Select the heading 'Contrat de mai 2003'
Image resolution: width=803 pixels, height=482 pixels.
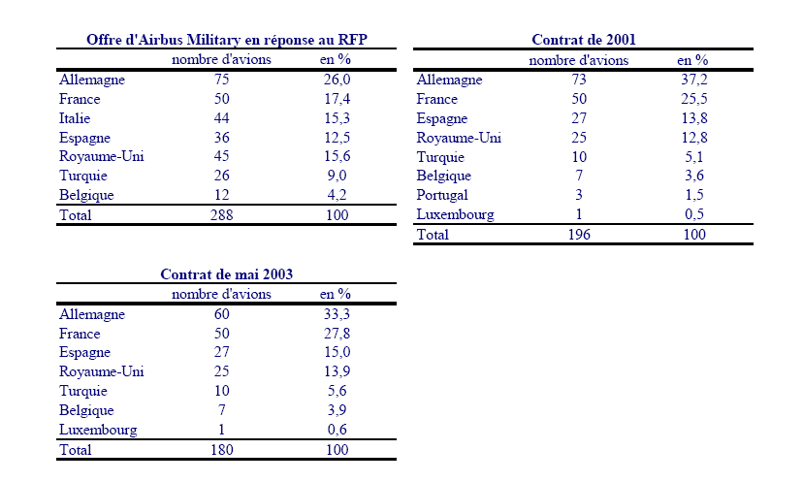pos(226,274)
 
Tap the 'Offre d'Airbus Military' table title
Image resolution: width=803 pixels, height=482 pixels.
pos(227,40)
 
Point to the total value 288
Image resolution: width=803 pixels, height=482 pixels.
pos(221,215)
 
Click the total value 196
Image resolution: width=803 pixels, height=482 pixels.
pos(578,235)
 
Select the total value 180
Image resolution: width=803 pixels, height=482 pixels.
pos(221,450)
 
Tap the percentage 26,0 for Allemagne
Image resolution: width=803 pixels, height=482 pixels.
pos(337,80)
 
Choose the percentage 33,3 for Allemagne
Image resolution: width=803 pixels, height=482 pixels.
pos(337,314)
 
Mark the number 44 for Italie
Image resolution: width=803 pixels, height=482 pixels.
pos(221,118)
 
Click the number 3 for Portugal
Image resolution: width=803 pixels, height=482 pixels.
pos(578,196)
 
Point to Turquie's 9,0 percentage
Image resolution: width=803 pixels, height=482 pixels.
pos(337,177)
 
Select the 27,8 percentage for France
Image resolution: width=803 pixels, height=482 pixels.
pos(337,334)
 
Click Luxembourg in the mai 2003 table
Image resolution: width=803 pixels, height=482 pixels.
pos(98,431)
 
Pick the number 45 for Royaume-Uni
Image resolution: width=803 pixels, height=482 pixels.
pos(221,157)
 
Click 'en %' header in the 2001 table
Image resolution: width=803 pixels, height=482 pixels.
pos(691,60)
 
